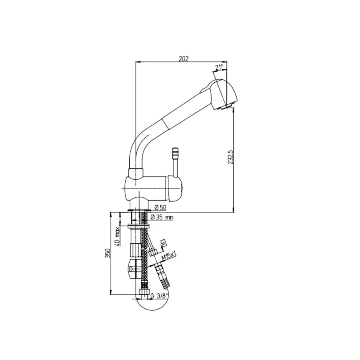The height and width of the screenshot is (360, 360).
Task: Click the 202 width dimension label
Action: [184, 59]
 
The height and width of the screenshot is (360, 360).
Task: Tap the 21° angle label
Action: [219, 67]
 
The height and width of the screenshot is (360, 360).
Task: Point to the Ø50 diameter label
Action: [160, 208]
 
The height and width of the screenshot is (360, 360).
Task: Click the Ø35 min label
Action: [162, 217]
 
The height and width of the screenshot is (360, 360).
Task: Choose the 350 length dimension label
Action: [108, 253]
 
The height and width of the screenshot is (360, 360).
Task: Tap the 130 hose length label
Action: [163, 243]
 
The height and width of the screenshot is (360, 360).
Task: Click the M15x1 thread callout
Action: [168, 256]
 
